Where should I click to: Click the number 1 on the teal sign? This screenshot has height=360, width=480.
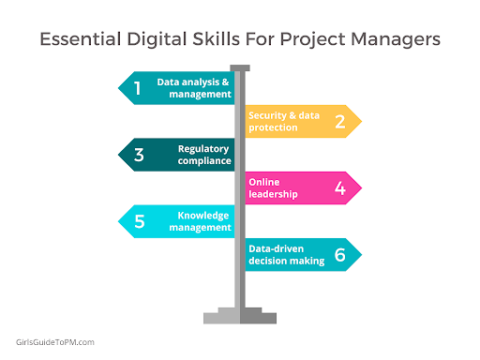click(x=138, y=88)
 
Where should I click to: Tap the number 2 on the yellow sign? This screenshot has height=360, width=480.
click(x=339, y=121)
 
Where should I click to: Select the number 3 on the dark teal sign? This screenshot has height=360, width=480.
click(x=138, y=155)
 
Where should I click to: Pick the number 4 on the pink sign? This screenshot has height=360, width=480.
click(x=339, y=187)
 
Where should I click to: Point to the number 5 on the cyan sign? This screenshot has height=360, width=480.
click(x=139, y=221)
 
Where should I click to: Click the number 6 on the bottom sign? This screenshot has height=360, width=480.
click(x=339, y=254)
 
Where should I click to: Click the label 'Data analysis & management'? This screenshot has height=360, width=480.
click(x=194, y=88)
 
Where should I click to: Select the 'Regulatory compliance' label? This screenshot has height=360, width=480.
click(x=203, y=155)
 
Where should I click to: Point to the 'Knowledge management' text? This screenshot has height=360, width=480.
click(x=203, y=221)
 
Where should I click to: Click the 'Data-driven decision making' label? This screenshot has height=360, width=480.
click(x=286, y=254)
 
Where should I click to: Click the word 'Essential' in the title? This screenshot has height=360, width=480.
click(x=78, y=41)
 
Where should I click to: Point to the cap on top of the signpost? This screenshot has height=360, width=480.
click(x=240, y=67)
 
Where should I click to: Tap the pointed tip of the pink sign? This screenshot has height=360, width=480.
click(x=360, y=187)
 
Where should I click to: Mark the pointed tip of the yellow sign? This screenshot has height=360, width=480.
click(x=360, y=121)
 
